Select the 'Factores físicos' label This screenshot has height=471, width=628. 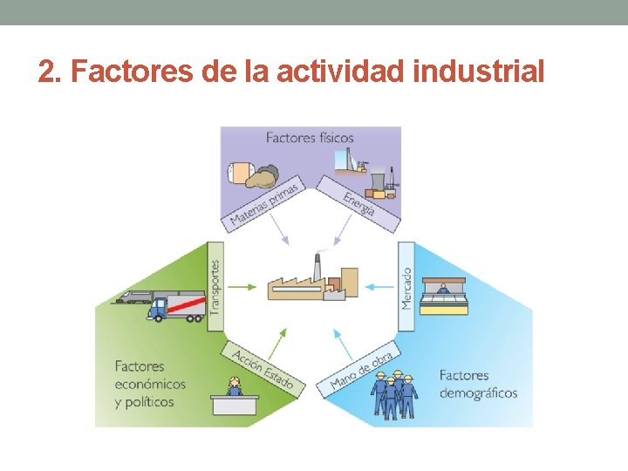point(310,138)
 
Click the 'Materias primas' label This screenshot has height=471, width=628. point(264,206)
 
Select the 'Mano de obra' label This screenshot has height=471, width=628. point(361,371)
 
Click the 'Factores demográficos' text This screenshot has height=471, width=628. point(478,384)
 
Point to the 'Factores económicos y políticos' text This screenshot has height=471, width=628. point(150,384)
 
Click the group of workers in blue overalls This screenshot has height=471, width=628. point(394,394)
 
